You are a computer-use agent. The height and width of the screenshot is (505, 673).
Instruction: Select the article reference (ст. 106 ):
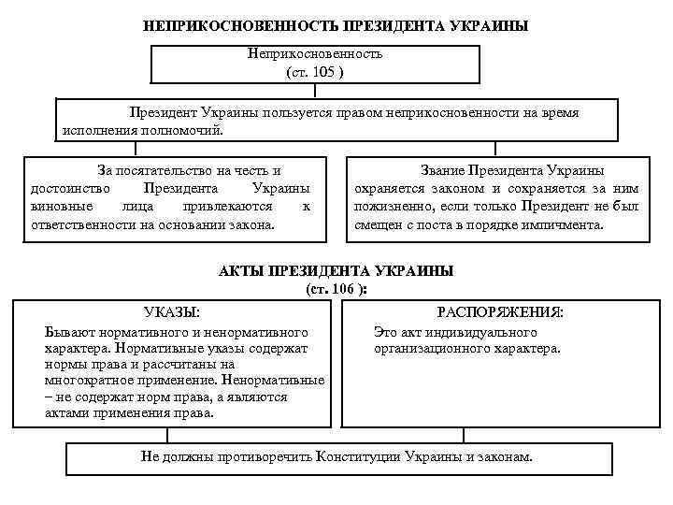(x=336, y=290)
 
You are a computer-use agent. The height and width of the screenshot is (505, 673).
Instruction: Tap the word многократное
(x=87, y=381)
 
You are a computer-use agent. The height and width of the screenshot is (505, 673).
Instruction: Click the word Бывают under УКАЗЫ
(x=66, y=331)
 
